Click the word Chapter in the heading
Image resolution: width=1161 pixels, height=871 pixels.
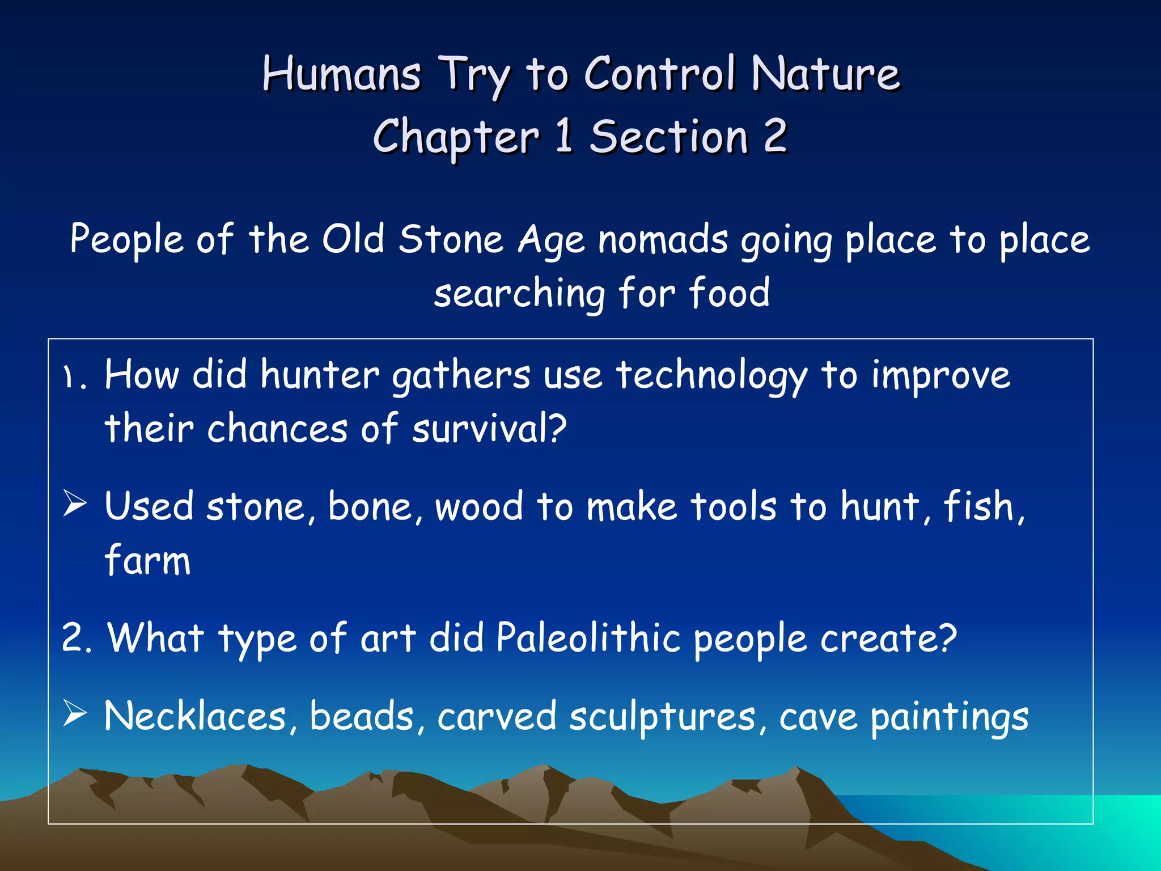tap(455, 138)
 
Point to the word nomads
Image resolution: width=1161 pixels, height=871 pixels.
tap(663, 239)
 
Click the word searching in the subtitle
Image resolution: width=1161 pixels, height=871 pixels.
tap(519, 294)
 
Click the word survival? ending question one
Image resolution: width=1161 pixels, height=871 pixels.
tap(489, 429)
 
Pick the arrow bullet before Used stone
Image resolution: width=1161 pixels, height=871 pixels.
tap(75, 504)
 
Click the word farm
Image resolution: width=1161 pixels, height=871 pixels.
tap(147, 560)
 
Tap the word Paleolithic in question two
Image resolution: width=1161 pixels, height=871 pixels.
tap(588, 637)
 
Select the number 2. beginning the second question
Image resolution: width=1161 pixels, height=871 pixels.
tap(77, 637)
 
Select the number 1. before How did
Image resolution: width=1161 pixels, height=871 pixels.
tap(75, 377)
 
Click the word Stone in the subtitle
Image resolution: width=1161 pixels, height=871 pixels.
tap(451, 239)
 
